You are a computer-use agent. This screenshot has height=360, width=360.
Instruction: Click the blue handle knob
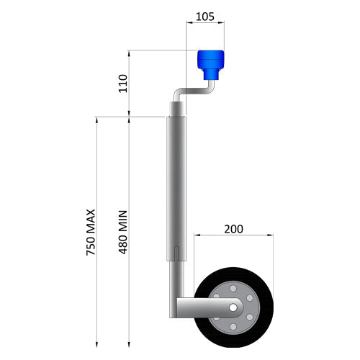click(212, 64)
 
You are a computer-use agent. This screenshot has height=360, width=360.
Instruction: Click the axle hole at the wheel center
click(233, 307)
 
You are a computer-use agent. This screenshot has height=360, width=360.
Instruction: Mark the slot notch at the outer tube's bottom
click(177, 254)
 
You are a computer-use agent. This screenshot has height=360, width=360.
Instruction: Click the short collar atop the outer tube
click(177, 108)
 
